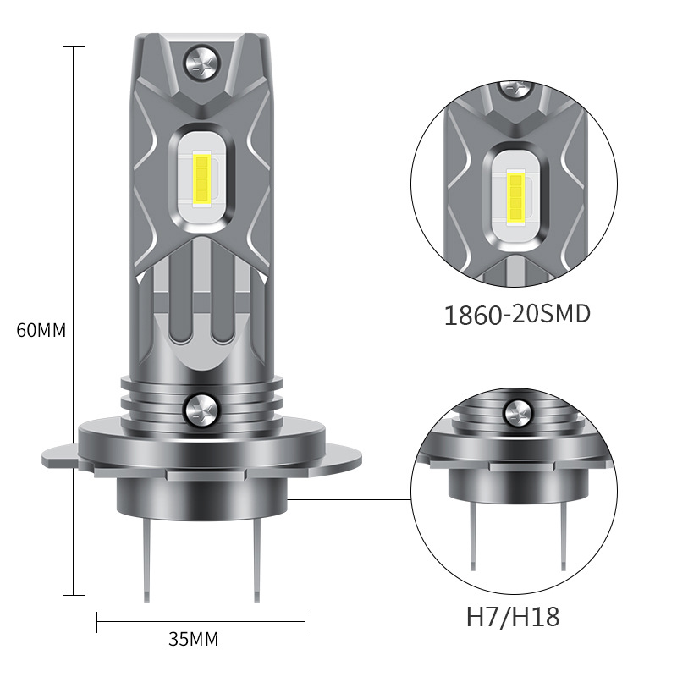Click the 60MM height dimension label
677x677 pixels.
[x=41, y=330]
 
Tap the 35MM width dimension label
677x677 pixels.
[x=194, y=640]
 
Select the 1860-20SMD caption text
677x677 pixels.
[x=517, y=314]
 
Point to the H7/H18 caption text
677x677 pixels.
[x=513, y=617]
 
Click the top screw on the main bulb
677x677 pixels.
[x=202, y=63]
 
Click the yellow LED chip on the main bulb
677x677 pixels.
[x=202, y=179]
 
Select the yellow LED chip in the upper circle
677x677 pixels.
[x=515, y=196]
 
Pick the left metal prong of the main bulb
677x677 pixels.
[x=146, y=560]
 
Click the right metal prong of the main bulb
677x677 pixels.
[x=257, y=560]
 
